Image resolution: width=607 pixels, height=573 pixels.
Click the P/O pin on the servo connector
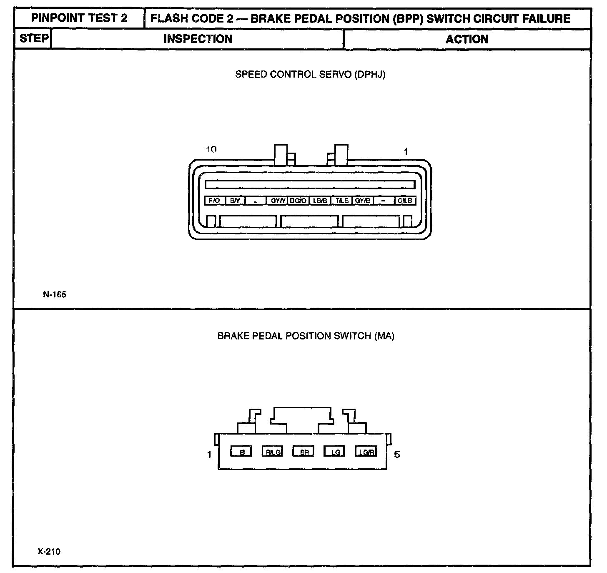pos(214,201)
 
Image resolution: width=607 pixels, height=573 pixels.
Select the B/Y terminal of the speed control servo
pos(235,201)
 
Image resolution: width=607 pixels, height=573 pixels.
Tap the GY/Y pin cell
pos(278,201)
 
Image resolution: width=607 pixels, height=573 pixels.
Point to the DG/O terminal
pos(298,201)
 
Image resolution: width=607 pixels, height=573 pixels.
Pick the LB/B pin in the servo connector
pos(320,201)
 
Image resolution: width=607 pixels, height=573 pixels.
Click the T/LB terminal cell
pos(342,201)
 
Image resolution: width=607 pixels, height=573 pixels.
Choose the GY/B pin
pos(363,201)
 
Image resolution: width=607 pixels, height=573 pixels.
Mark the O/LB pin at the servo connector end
pos(405,201)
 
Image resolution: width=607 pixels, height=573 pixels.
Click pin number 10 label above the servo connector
pos(211,149)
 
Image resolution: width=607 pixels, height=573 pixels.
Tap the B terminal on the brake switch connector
pos(242,452)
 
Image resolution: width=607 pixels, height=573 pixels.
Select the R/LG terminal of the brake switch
pos(273,452)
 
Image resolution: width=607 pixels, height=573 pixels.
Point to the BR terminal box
pos(303,452)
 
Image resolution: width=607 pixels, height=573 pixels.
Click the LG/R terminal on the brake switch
pos(366,452)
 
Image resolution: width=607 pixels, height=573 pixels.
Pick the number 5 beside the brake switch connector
pos(397,455)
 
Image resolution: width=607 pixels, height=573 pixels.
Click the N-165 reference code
pos(55,294)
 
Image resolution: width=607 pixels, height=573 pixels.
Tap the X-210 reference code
pos(49,552)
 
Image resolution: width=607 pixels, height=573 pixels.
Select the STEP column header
pos(34,39)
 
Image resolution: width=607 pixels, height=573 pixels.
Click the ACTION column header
pos(467,39)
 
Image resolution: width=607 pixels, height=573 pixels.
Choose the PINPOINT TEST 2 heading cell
pos(79,19)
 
